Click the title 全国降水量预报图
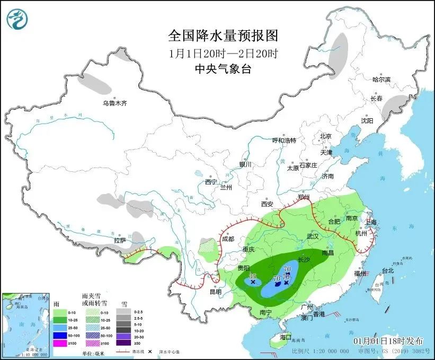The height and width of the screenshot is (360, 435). point(223,36)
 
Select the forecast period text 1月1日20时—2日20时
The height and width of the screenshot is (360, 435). point(223,53)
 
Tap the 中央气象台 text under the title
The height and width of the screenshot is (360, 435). point(223,69)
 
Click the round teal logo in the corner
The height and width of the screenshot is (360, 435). point(17,19)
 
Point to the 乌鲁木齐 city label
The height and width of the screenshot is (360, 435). point(115,103)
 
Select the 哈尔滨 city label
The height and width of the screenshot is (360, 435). point(381,80)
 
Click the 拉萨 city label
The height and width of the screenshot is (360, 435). point(120,240)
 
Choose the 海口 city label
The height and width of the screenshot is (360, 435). point(286,337)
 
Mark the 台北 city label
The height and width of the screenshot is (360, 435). point(388,270)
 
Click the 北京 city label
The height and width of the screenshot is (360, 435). point(325,136)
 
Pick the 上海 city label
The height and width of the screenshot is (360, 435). point(370,222)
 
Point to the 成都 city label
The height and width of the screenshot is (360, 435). point(228,239)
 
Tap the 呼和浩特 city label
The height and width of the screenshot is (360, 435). point(284,141)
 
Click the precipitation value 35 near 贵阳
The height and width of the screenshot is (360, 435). point(253,276)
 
